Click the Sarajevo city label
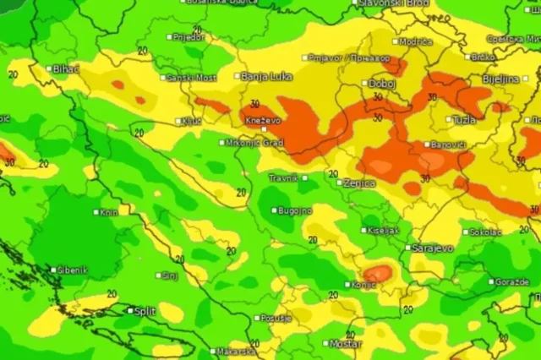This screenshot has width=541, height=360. pyautogui.click(x=433, y=248)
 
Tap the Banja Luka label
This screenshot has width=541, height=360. pyautogui.click(x=267, y=76)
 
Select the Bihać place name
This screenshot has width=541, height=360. pyautogui.click(x=65, y=68)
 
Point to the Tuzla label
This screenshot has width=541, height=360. pyautogui.click(x=464, y=119)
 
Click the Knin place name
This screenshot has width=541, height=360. pyautogui.click(x=109, y=212)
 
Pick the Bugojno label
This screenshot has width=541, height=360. pyautogui.click(x=297, y=210)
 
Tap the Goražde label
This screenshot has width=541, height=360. pyautogui.click(x=513, y=281)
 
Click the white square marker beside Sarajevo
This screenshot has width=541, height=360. pyautogui.click(x=408, y=248)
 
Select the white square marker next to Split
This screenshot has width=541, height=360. pyautogui.click(x=130, y=311)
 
